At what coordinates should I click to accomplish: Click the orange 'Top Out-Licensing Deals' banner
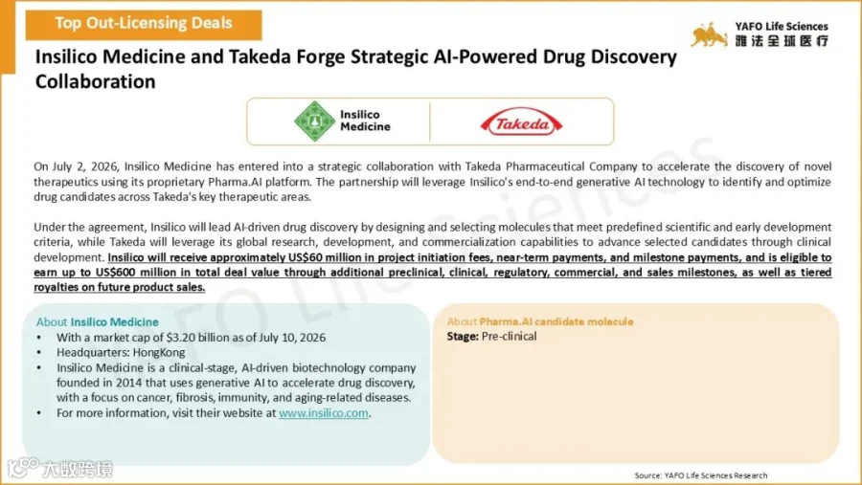[144, 25]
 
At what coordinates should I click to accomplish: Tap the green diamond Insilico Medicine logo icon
[314, 121]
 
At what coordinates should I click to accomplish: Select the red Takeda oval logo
[521, 121]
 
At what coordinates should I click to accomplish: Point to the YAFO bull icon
[709, 35]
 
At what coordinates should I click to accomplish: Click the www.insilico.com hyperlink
[324, 413]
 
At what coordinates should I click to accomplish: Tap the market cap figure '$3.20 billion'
[197, 338]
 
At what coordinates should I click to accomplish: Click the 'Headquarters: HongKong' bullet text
[121, 353]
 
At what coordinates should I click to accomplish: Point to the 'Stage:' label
[463, 336]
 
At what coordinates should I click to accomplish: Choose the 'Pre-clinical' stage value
[510, 336]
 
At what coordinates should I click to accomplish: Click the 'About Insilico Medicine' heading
[98, 321]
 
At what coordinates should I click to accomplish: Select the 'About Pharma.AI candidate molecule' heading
[540, 321]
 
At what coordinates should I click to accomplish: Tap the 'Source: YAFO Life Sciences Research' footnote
[701, 475]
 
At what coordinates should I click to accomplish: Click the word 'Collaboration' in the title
[96, 81]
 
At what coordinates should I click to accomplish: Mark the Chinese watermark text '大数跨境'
[78, 469]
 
